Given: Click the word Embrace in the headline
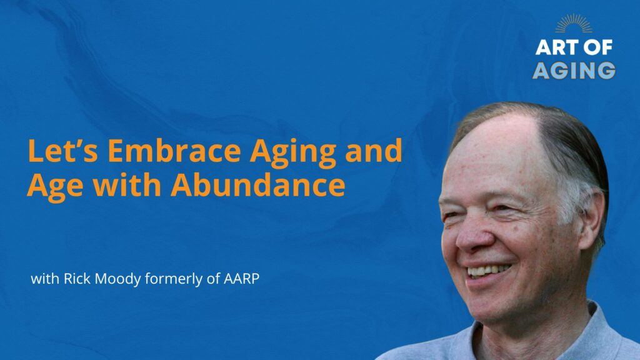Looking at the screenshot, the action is tap(174, 151).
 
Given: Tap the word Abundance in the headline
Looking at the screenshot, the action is tap(258, 185).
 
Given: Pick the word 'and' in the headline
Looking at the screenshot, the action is tap(374, 151).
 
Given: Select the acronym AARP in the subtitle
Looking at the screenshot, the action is tap(241, 279).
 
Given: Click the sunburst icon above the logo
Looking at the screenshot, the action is tap(574, 23).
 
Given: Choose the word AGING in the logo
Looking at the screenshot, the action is tap(574, 70).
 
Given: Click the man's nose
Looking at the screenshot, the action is tap(474, 237).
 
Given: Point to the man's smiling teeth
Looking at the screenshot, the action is tap(489, 270).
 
